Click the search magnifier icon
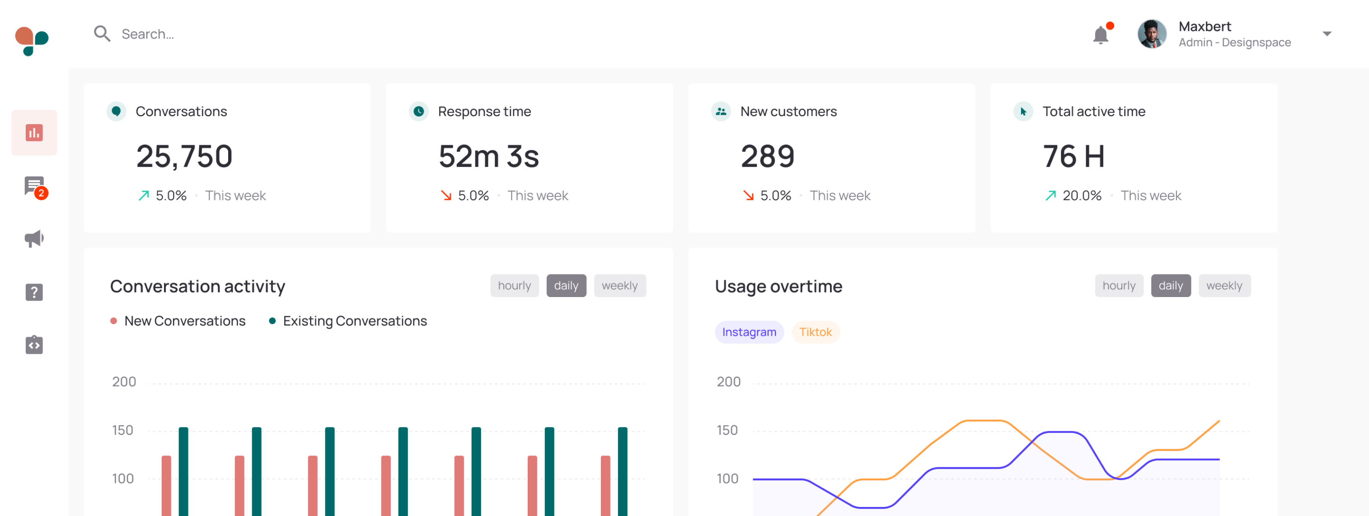(102, 34)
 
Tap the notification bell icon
(1101, 35)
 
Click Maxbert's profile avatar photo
(1152, 34)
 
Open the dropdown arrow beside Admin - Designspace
(1327, 34)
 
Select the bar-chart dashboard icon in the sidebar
(34, 133)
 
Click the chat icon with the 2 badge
(34, 186)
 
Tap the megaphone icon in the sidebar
(34, 239)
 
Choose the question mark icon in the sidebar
(34, 292)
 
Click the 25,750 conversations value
(184, 156)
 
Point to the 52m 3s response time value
(488, 156)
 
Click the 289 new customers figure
(767, 156)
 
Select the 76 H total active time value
(1074, 156)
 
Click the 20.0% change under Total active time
(1082, 196)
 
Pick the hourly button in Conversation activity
(514, 286)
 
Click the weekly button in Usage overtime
(1224, 286)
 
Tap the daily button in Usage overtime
(1170, 286)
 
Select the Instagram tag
(749, 332)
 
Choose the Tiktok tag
(815, 332)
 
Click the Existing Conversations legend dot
(272, 321)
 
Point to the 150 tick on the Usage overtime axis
(727, 430)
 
